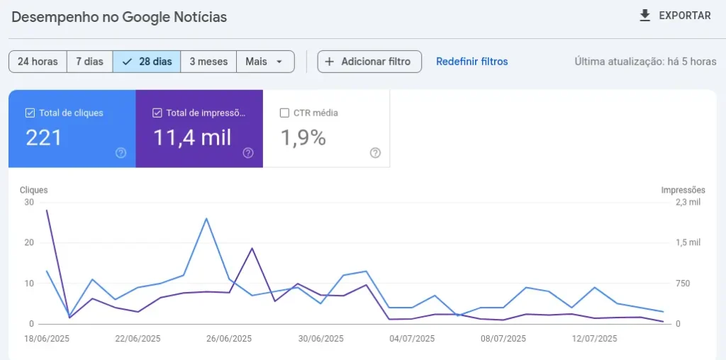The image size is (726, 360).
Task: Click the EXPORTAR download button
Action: [674, 16]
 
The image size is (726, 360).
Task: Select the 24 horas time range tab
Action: [38, 62]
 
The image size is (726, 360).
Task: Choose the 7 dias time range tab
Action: [89, 62]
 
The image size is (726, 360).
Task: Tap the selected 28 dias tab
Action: [147, 62]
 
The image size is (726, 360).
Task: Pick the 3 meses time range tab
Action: [208, 62]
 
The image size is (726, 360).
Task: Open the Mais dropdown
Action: [265, 62]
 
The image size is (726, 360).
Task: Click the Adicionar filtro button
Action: [369, 62]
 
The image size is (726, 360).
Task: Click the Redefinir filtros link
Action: [471, 62]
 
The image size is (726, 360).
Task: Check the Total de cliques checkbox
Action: [30, 113]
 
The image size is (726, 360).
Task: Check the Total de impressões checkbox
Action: [157, 113]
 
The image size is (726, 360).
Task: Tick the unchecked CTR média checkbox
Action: [284, 113]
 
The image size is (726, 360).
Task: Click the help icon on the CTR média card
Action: [375, 153]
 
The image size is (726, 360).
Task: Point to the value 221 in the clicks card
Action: [44, 138]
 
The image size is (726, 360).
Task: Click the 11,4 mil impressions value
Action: [192, 138]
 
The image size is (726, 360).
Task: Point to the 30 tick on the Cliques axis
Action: [28, 202]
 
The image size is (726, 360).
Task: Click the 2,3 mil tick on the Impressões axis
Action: [687, 202]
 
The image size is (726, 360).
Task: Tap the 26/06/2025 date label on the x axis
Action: [229, 339]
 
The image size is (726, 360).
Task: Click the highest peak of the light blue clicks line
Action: [206, 218]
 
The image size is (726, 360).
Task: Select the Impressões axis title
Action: [683, 190]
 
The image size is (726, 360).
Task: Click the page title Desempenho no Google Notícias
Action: [119, 16]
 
